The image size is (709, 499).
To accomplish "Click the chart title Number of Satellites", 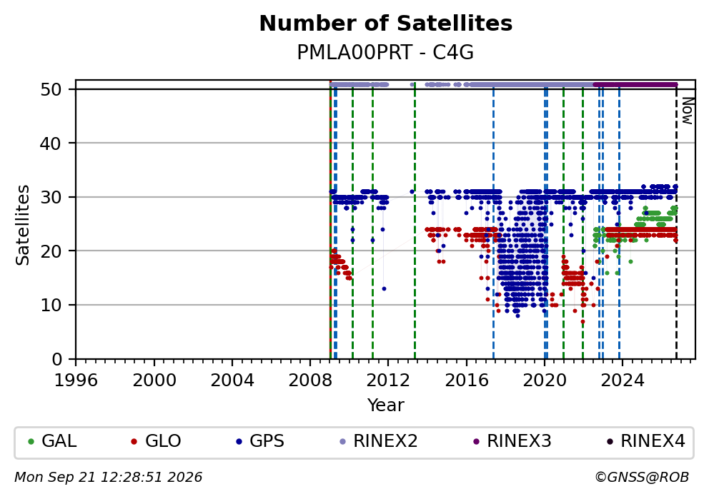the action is [x=386, y=24].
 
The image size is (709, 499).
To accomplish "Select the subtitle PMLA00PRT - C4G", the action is [x=385, y=52].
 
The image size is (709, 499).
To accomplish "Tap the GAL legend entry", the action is [x=52, y=441].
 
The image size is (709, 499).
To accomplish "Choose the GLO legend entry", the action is [x=156, y=441].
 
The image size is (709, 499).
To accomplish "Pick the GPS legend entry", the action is [x=260, y=441].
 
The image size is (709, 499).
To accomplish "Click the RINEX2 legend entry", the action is [x=379, y=441].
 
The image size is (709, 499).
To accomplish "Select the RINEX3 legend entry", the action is [x=512, y=441].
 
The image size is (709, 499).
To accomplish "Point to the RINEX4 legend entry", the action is [x=646, y=441].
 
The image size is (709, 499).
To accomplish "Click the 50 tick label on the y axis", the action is [x=51, y=89].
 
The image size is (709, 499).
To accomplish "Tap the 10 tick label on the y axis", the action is [x=51, y=306].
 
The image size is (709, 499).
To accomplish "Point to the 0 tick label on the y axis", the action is [x=57, y=360].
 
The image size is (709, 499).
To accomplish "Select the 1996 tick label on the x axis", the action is [x=76, y=380].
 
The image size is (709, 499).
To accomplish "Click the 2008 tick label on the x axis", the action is [x=310, y=380].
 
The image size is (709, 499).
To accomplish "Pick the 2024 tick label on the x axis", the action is [x=623, y=380].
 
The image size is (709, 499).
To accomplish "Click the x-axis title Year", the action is [x=386, y=405].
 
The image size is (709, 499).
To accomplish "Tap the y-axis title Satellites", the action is [x=22, y=225].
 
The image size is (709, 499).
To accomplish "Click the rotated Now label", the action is [x=688, y=111].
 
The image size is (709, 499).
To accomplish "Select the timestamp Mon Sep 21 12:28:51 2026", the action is [x=109, y=478].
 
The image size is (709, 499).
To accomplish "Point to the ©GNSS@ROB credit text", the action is [x=642, y=478].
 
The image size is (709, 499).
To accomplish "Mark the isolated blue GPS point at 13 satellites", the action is [x=384, y=289].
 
